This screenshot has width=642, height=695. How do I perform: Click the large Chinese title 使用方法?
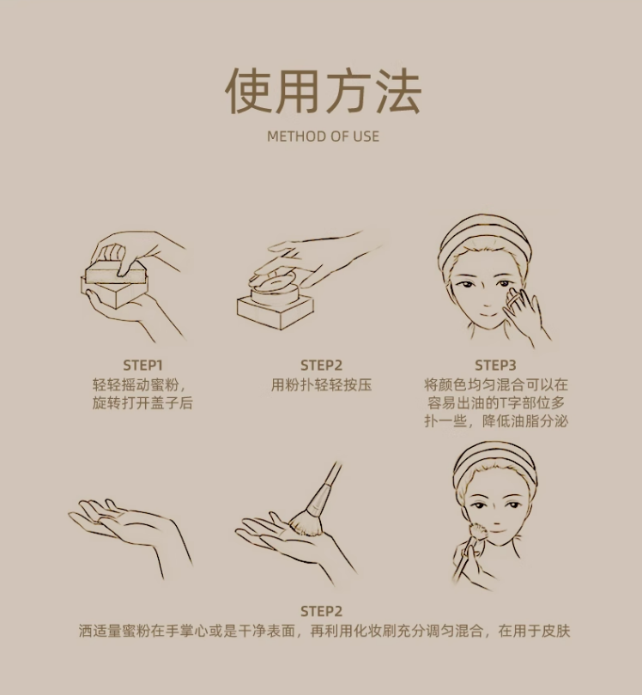tap(323, 92)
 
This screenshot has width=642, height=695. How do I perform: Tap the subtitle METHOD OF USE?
tap(323, 136)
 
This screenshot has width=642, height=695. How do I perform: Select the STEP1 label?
tap(142, 366)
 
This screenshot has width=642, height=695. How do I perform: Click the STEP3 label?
tap(495, 366)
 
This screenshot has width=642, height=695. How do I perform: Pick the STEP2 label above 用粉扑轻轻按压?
tap(322, 366)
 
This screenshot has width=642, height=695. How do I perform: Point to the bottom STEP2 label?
tap(322, 611)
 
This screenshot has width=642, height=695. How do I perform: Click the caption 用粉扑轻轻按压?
tap(322, 384)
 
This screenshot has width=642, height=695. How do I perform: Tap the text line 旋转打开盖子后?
tap(142, 403)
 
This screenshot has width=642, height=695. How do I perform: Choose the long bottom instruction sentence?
tap(324, 631)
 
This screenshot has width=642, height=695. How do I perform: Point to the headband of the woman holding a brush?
tap(494, 464)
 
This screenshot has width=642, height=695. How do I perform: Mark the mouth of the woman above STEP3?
tap(487, 314)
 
